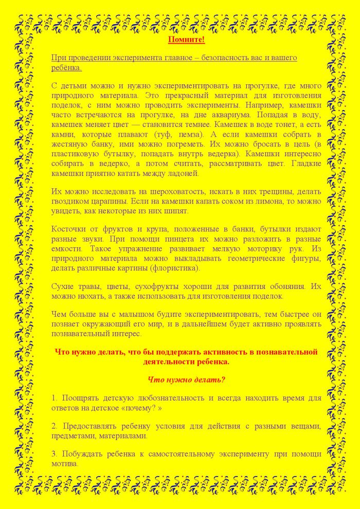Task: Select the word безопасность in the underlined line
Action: pos(223,58)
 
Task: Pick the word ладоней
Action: pos(187,174)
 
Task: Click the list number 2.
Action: pos(54,426)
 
